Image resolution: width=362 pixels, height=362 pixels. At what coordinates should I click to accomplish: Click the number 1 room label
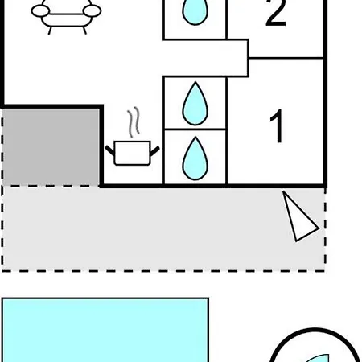click(277, 125)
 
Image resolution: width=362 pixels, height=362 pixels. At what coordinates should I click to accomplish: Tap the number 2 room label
click(276, 13)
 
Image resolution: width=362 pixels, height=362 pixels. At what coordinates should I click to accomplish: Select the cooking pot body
click(132, 153)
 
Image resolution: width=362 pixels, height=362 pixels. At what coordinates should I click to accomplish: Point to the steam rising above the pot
click(134, 122)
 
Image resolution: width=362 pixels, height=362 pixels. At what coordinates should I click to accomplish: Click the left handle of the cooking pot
click(110, 150)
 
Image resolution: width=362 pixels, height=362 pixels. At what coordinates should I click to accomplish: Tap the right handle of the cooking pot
click(154, 151)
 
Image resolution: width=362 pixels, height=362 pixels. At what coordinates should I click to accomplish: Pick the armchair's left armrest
click(41, 11)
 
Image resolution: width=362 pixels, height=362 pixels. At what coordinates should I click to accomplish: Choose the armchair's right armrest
click(92, 11)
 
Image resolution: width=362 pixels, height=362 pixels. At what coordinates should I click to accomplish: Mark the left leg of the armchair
click(50, 31)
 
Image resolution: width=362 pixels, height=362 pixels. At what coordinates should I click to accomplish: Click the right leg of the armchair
click(84, 31)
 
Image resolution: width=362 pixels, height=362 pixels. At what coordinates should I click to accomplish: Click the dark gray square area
click(51, 147)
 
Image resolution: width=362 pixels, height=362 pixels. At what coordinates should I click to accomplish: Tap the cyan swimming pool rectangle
click(105, 330)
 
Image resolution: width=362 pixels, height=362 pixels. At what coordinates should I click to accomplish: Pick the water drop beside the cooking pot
click(195, 158)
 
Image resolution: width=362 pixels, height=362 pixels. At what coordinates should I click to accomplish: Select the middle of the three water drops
click(195, 104)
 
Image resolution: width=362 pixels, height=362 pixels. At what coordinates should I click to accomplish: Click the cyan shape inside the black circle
click(319, 359)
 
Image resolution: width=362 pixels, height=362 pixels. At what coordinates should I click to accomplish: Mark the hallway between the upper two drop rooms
click(205, 58)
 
